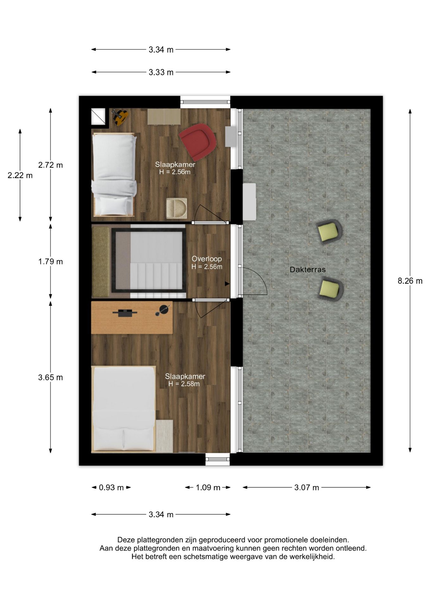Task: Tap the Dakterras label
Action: pos(308,270)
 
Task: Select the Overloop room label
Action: pos(207,259)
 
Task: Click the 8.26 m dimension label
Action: pos(410,281)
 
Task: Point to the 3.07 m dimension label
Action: pos(307,487)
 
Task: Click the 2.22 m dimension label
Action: pos(20,175)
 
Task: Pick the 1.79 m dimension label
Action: pos(51,261)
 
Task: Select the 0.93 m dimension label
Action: pos(111,487)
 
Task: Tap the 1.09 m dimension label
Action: pos(208,487)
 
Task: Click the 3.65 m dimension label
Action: pos(51,377)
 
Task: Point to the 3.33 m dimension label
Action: pos(161,72)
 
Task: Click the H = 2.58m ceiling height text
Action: pos(184,384)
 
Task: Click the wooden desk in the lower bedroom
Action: pos(132,317)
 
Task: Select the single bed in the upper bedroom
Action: pos(114,175)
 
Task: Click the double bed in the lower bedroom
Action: pos(123,408)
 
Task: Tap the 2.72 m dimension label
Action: pos(51,165)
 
